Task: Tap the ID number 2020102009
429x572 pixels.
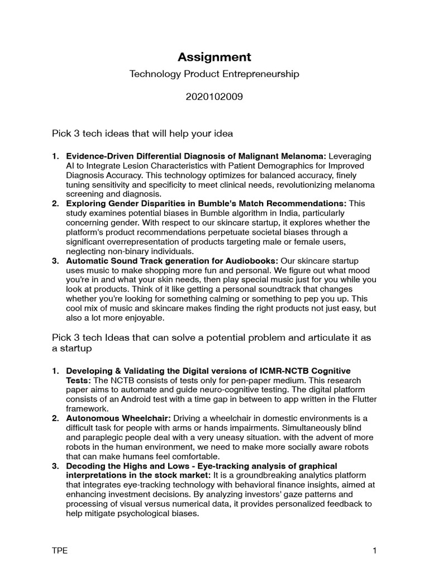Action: click(x=214, y=96)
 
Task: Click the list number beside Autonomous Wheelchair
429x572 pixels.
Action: click(x=55, y=418)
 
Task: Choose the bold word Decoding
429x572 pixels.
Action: click(x=85, y=466)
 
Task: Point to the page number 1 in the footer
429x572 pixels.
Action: click(x=375, y=551)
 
